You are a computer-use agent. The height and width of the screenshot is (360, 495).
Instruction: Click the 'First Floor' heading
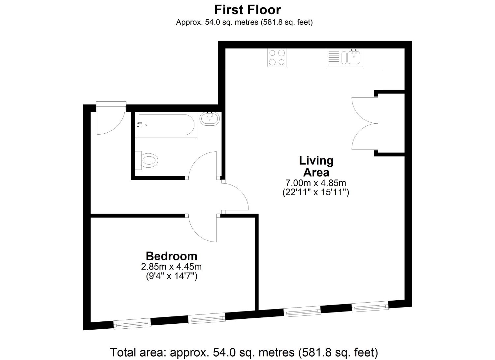pos(247,10)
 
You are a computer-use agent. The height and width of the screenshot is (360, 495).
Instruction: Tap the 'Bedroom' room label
pos(172,256)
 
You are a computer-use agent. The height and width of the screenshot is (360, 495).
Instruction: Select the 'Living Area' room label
pos(316,166)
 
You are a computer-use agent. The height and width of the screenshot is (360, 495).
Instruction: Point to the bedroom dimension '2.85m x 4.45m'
pos(172,267)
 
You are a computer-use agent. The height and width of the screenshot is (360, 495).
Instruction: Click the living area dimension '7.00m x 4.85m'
pos(316,183)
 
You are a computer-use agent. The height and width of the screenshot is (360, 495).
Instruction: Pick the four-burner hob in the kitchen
pos(277,57)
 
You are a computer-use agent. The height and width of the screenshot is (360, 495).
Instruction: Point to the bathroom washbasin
pos(210,119)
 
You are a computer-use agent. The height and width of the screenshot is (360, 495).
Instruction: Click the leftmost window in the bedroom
pos(132,324)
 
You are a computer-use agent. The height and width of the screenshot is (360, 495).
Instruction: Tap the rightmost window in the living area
pos(370,307)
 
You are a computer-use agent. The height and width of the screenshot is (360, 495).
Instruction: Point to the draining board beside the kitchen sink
pos(334,57)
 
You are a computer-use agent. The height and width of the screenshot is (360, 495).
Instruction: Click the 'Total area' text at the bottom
pos(244,352)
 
